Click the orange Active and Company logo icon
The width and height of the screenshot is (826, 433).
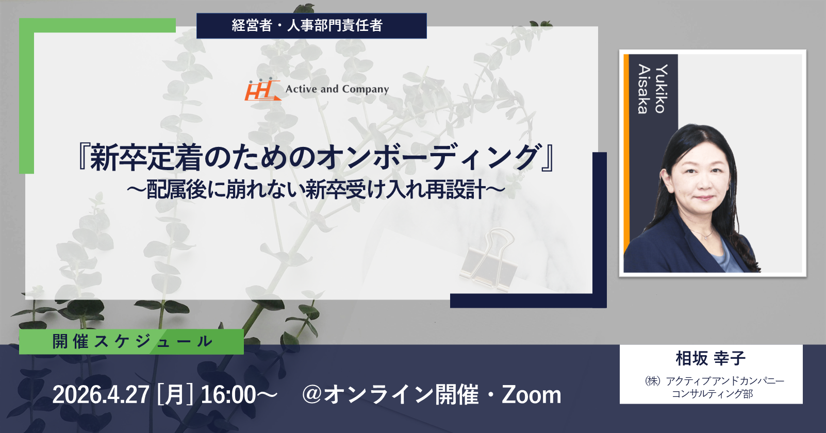(x=262, y=89)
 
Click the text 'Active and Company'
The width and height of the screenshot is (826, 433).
(x=337, y=89)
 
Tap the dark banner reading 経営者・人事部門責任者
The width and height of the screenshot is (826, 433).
(x=311, y=26)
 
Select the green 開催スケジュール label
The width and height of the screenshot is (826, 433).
(x=131, y=342)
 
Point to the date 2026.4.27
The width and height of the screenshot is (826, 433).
(x=101, y=395)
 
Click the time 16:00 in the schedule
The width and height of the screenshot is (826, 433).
(x=228, y=395)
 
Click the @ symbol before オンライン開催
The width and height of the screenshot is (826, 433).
(x=312, y=394)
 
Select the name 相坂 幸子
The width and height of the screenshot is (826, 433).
(x=711, y=358)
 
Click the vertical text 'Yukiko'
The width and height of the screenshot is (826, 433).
(x=662, y=89)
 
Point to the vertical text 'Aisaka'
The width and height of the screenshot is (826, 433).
(x=644, y=89)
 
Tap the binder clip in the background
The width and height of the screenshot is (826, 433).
(x=489, y=259)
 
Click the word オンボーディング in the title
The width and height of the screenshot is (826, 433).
(x=429, y=157)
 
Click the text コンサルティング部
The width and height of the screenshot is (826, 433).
(x=712, y=394)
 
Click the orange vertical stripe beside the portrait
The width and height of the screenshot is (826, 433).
(x=626, y=154)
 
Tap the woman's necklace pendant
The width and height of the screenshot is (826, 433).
(x=705, y=237)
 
